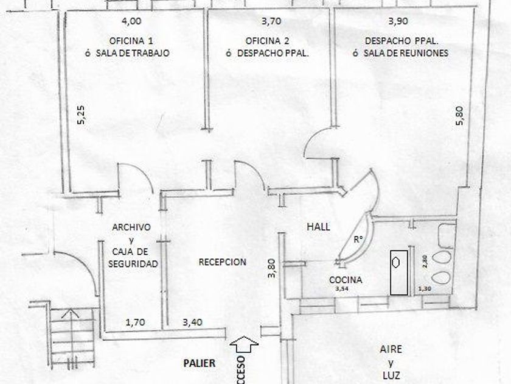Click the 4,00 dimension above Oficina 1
coord(132,21)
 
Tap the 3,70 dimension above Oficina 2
coord(271,21)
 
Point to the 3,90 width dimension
coord(398,21)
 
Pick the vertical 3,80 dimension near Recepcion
coord(272,269)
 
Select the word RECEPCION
coord(223,262)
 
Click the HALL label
coord(318,227)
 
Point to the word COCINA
coord(346,280)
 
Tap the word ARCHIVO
coord(131,227)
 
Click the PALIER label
coord(200,363)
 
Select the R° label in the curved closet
coord(358,240)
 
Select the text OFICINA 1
coord(131,41)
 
